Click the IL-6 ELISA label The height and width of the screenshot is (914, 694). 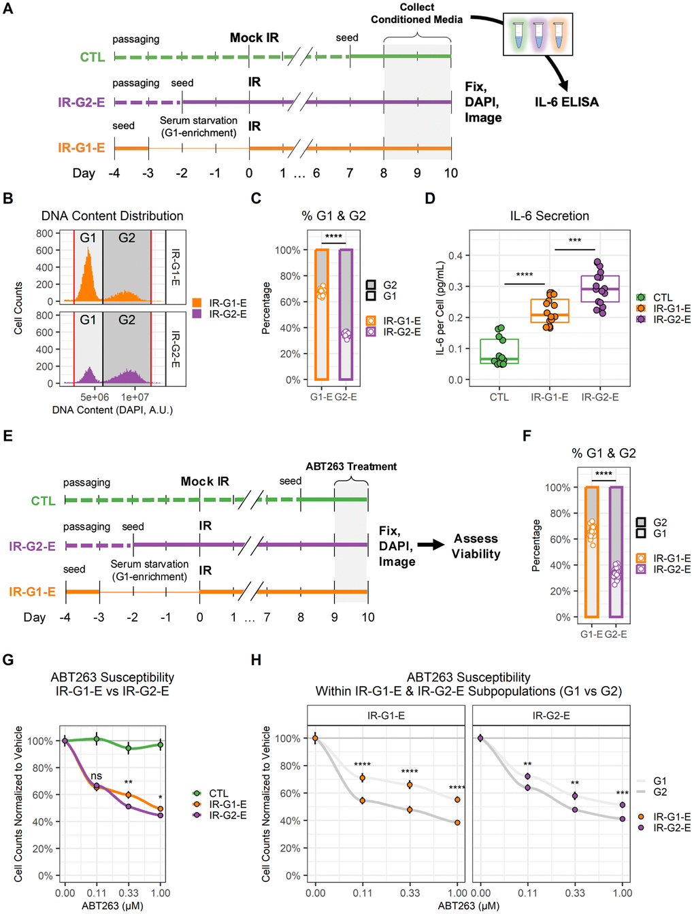(x=567, y=102)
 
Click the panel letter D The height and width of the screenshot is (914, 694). (x=429, y=199)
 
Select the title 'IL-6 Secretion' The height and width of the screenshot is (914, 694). (x=550, y=216)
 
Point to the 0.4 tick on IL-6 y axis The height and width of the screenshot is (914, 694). (x=455, y=256)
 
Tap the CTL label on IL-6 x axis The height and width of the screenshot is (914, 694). (x=499, y=397)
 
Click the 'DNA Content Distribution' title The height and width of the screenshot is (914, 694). (x=112, y=216)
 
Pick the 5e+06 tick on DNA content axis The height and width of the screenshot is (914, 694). (x=95, y=397)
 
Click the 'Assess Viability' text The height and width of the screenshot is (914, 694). (x=476, y=546)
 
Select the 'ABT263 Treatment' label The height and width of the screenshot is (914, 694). (x=351, y=467)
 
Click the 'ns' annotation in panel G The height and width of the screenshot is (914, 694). (x=97, y=775)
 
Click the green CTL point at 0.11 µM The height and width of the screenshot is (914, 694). (x=97, y=739)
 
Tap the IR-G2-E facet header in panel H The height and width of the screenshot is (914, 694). (x=551, y=715)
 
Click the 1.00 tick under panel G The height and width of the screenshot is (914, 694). (x=161, y=893)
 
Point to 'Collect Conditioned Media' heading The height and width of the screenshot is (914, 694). (x=416, y=13)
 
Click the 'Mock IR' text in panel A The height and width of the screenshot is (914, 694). (x=254, y=38)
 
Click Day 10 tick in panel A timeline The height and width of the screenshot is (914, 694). (x=450, y=173)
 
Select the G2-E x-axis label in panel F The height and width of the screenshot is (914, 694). (x=616, y=634)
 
